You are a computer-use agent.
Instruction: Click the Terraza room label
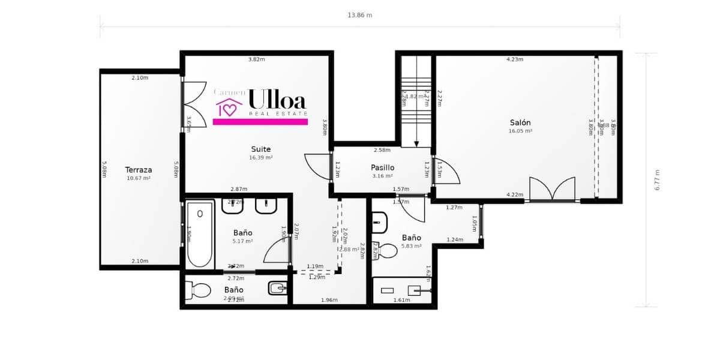coord(138,170)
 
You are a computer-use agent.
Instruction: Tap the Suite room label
coord(261,149)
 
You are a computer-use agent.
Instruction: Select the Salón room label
coord(520,122)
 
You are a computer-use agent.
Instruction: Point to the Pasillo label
coord(382,167)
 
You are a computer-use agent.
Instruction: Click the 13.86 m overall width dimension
coord(360,15)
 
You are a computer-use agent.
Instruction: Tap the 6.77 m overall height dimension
coord(657,179)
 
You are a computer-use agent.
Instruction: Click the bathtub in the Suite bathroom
coord(200,235)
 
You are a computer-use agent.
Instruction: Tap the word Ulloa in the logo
coord(277,99)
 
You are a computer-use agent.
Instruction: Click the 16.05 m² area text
coord(520,131)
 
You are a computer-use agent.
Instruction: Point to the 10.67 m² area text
coord(138,178)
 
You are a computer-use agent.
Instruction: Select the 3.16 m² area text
coord(382,176)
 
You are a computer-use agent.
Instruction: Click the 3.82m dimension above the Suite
coord(257,59)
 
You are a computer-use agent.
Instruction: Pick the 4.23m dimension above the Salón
coord(515,59)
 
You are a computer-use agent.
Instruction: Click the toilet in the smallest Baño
coord(198,290)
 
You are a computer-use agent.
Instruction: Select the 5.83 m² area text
coord(412,246)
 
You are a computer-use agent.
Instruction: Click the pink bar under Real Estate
coord(260,122)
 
